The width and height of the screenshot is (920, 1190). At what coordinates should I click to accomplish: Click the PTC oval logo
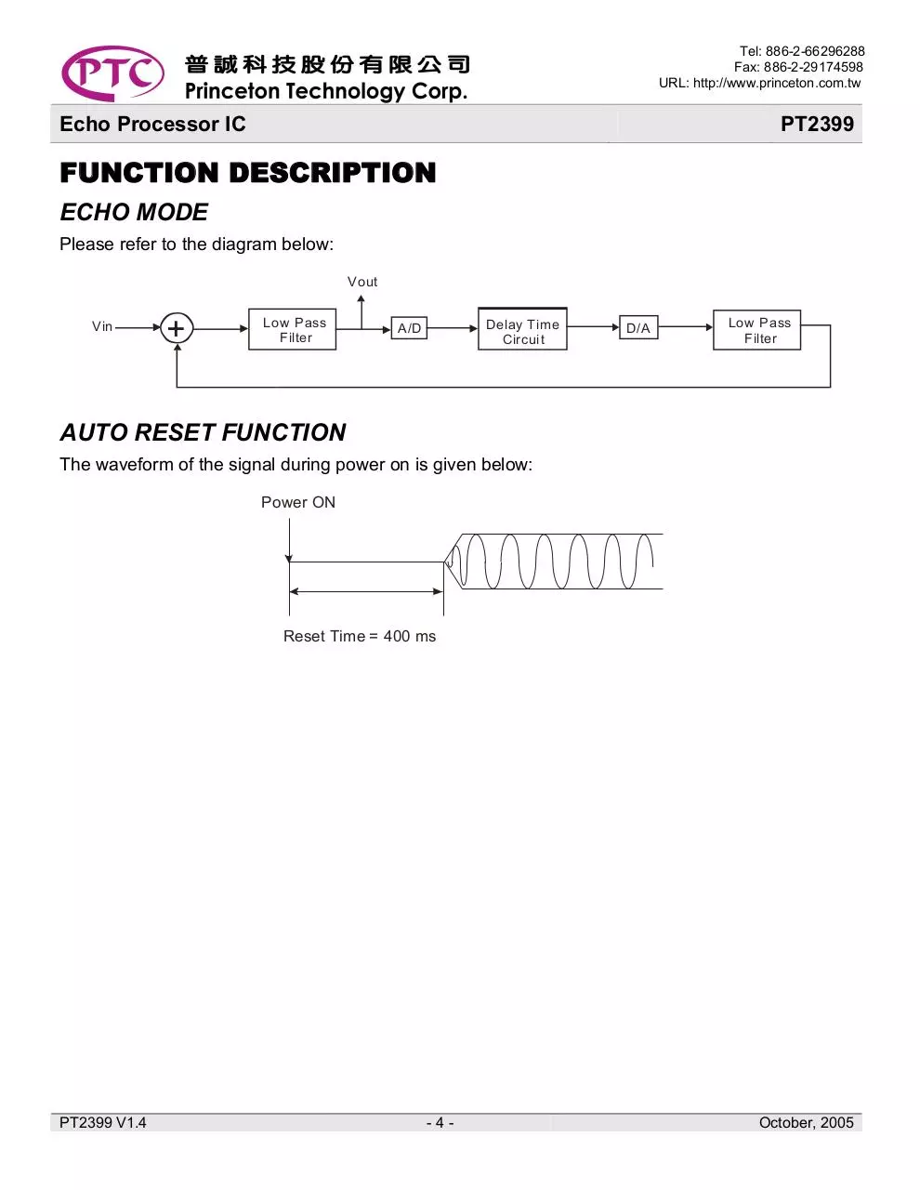click(x=112, y=73)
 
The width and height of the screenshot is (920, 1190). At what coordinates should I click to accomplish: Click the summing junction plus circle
click(x=177, y=328)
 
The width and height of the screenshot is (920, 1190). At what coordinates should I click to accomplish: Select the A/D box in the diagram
click(x=409, y=328)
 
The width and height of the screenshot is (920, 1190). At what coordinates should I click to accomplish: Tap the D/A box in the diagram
click(x=638, y=327)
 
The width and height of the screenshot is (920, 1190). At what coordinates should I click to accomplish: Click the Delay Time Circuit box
click(x=522, y=328)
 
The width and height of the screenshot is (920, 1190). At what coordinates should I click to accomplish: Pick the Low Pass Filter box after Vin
click(x=292, y=329)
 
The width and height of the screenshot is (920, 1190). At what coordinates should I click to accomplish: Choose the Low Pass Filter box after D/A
click(x=756, y=330)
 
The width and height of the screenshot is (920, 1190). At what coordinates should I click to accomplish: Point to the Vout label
click(x=362, y=282)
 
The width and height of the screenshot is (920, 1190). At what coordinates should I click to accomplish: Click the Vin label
click(x=102, y=326)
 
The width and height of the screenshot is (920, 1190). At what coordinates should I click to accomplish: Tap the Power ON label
click(x=297, y=502)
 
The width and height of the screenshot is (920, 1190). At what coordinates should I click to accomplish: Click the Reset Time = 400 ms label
click(x=360, y=636)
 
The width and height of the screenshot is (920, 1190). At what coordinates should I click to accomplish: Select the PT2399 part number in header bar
click(x=817, y=124)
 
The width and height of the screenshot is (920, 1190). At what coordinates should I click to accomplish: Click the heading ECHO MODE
click(x=134, y=212)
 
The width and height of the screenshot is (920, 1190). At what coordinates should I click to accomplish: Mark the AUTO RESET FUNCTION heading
click(x=203, y=432)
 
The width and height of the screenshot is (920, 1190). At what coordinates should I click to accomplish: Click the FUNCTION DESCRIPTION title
click(x=248, y=173)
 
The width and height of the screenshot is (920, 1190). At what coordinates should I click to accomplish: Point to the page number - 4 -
click(x=440, y=1123)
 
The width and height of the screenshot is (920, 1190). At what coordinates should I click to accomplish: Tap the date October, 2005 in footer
click(x=807, y=1123)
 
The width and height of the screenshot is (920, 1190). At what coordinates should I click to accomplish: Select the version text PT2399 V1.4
click(x=103, y=1123)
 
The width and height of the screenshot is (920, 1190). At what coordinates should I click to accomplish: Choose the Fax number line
click(x=798, y=67)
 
